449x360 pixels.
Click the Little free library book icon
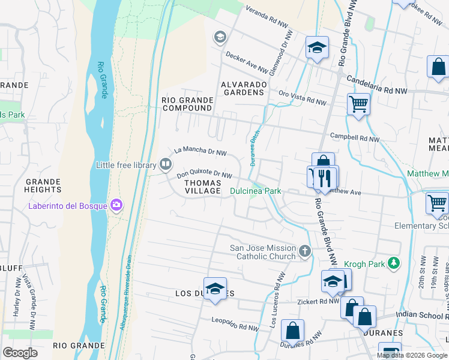[165, 164]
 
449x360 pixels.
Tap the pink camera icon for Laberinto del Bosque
[116, 205]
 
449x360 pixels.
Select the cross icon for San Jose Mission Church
[305, 251]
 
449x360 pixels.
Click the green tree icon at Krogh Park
[393, 263]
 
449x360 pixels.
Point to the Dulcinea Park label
[256, 191]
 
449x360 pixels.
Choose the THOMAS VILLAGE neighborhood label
[202, 186]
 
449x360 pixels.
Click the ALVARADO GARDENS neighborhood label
[244, 88]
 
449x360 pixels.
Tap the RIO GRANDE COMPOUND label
[187, 104]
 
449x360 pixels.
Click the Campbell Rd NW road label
[355, 139]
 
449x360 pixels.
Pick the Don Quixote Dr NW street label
[204, 175]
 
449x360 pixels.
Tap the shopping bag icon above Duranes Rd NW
[292, 330]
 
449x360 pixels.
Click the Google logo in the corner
[20, 353]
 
